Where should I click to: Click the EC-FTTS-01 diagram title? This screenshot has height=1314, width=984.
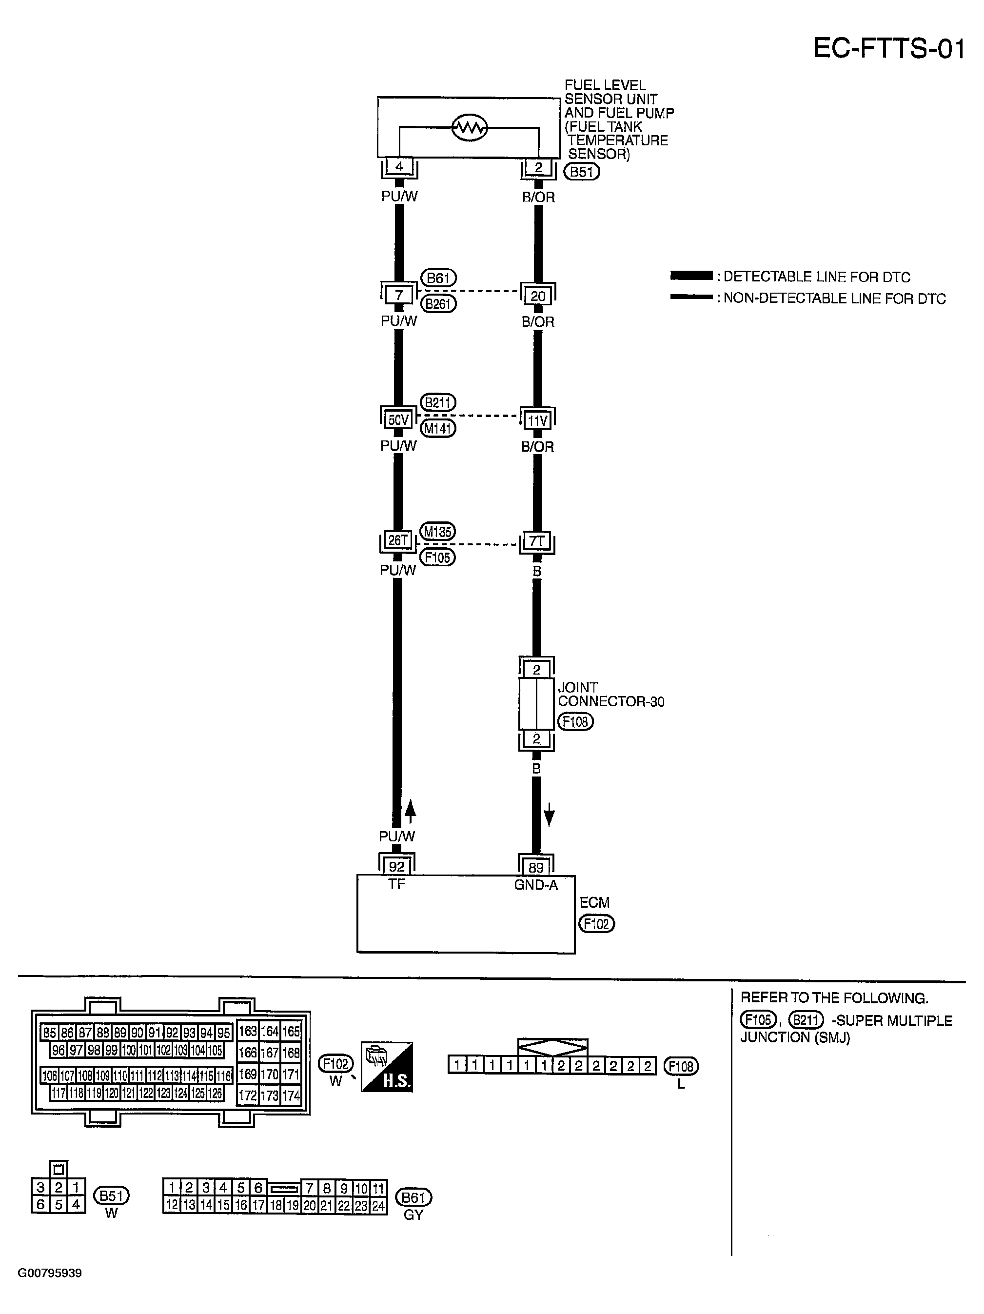pos(888,49)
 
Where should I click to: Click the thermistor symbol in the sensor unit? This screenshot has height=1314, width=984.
pos(469,127)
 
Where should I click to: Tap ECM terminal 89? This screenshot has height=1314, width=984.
pos(536,867)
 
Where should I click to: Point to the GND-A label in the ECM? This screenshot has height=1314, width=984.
pos(536,885)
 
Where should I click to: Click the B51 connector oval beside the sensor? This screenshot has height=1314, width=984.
pos(581,172)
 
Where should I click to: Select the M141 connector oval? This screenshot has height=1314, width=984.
pos(438,428)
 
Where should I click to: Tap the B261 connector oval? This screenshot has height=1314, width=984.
pos(438,303)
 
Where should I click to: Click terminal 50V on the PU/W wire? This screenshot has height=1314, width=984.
pos(398,420)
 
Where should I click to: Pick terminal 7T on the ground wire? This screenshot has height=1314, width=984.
pos(536,541)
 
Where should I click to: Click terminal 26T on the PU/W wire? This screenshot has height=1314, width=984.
pos(397,540)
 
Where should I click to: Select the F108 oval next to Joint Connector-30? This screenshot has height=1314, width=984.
pos(575,722)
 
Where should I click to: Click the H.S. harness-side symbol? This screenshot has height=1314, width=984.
pos(387,1066)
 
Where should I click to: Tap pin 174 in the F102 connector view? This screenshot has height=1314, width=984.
pos(291,1096)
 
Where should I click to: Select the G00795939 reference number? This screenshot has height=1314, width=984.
pos(50,1273)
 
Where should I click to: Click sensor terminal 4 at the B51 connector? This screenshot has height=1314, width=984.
pos(399,167)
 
